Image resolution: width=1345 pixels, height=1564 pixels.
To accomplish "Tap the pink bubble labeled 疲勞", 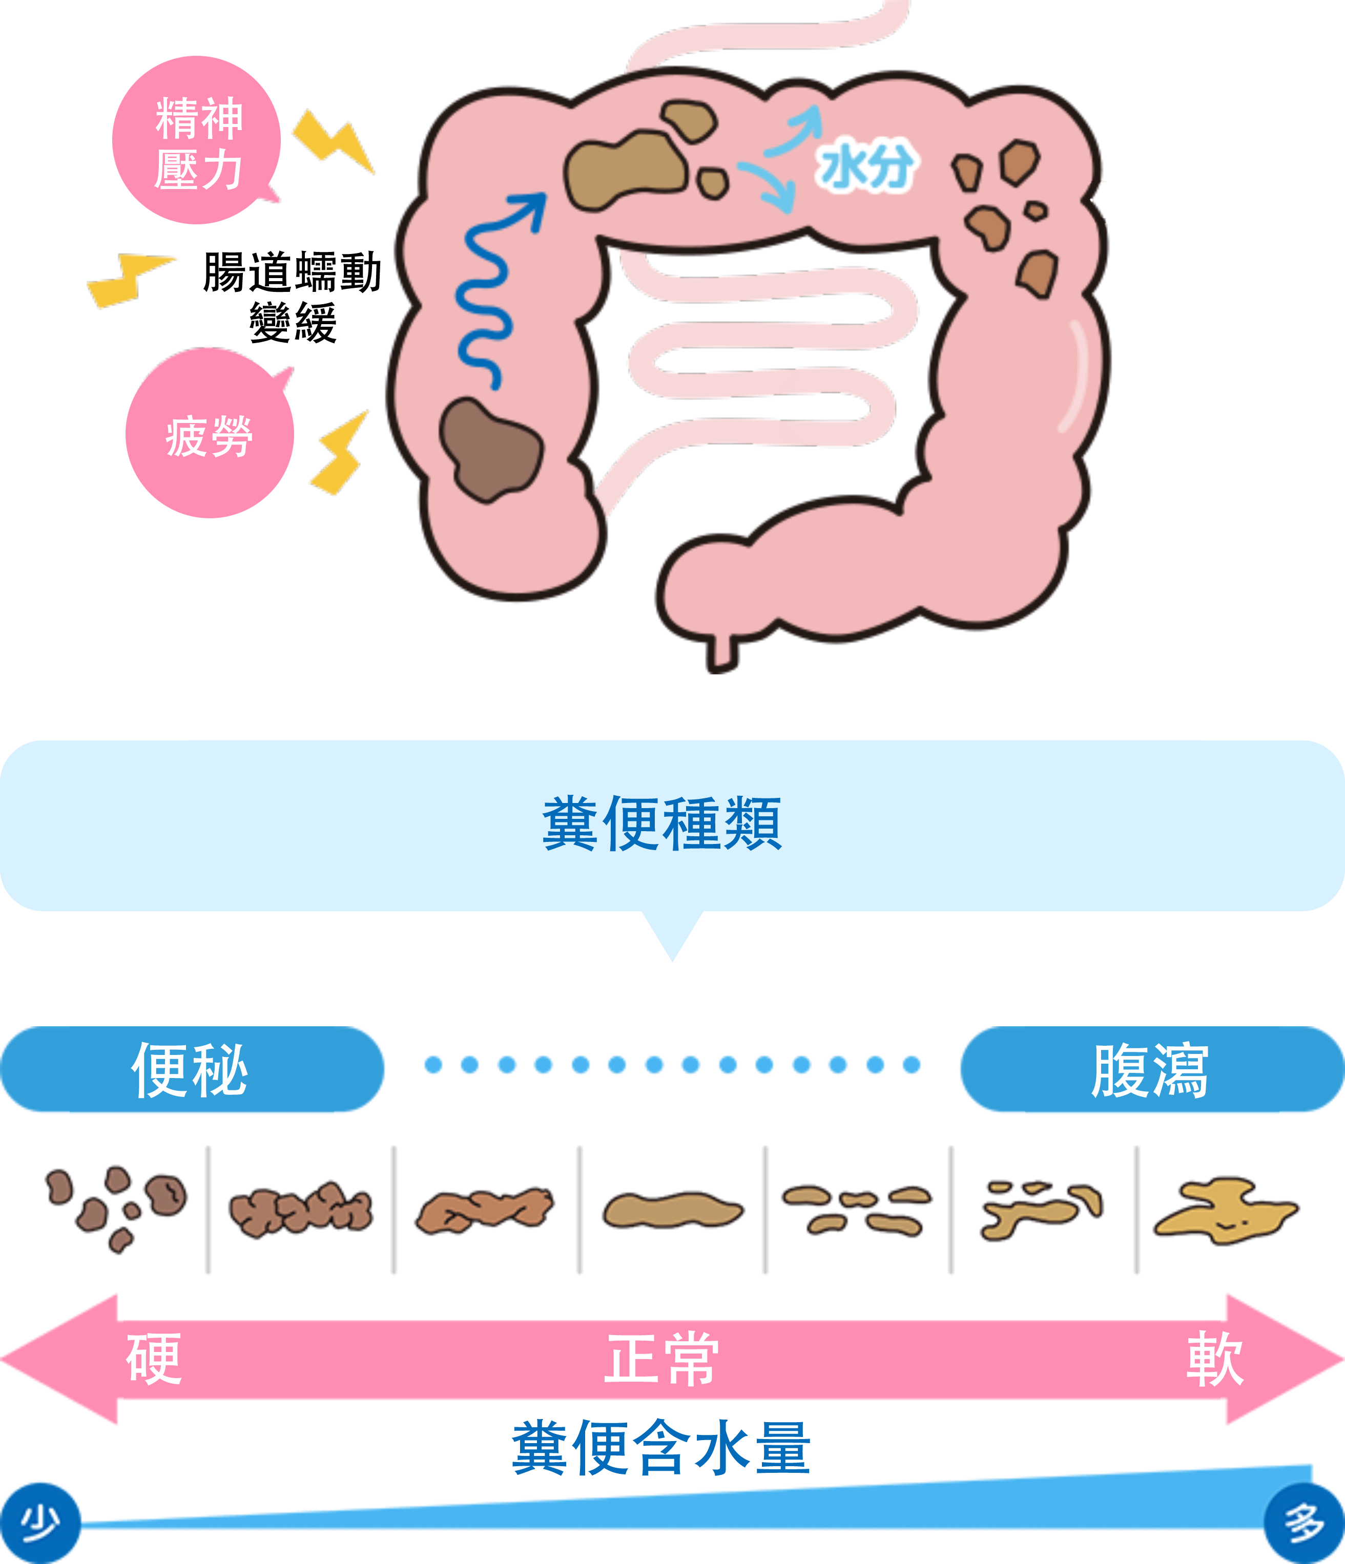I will (x=209, y=435).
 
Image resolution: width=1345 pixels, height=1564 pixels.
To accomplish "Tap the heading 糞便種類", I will (x=663, y=823).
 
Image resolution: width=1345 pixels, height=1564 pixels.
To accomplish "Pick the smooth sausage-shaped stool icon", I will (x=672, y=1210).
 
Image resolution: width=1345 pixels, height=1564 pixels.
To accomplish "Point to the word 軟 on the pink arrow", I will (x=1214, y=1359).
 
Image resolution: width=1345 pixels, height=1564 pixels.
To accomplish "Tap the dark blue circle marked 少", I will (x=39, y=1523).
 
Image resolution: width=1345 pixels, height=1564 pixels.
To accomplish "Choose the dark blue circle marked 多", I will (x=1304, y=1523).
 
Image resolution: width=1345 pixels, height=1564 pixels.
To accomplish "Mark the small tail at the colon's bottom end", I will (x=721, y=653).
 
